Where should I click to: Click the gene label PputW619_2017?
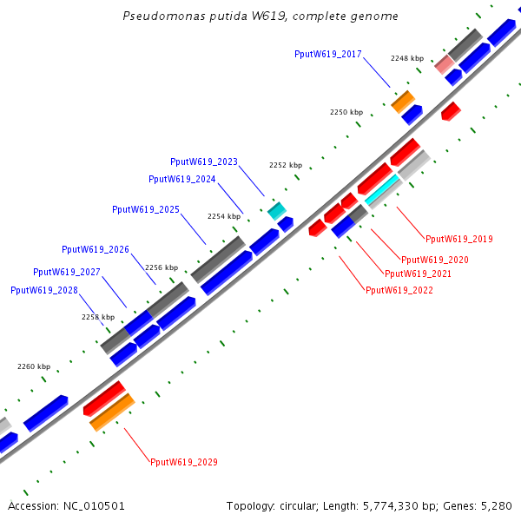pyautogui.click(x=328, y=54)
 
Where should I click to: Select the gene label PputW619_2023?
pyautogui.click(x=204, y=162)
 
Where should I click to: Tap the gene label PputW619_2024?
pyautogui.click(x=182, y=179)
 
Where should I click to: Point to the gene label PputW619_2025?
pyautogui.click(x=146, y=210)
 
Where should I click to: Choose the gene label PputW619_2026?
pyautogui.click(x=96, y=249)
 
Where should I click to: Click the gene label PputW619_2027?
pyautogui.click(x=67, y=272)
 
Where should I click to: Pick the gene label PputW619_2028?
pyautogui.click(x=44, y=290)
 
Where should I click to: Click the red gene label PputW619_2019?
pyautogui.click(x=459, y=239)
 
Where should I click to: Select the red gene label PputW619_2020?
pyautogui.click(x=435, y=260)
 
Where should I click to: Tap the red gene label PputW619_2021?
pyautogui.click(x=419, y=274)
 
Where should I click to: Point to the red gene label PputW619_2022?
pyautogui.click(x=399, y=290)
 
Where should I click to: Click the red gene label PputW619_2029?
pyautogui.click(x=184, y=462)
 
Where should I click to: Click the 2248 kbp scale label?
pyautogui.click(x=407, y=58)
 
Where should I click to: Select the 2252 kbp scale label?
pyautogui.click(x=286, y=165)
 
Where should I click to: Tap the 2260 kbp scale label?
pyautogui.click(x=34, y=366)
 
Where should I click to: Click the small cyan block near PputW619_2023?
pyautogui.click(x=276, y=210)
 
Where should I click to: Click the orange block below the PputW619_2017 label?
pyautogui.click(x=403, y=101)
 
